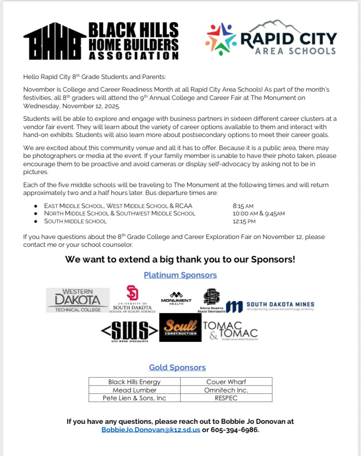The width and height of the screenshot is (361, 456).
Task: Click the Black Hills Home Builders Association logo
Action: [101, 41]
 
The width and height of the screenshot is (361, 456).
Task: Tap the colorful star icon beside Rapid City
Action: [221, 39]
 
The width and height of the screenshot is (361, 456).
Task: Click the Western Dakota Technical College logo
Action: [78, 300]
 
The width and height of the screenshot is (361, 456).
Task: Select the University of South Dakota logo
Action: [132, 299]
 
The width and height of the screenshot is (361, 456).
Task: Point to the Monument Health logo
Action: [176, 299]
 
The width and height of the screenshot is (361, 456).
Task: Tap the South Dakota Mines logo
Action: [270, 306]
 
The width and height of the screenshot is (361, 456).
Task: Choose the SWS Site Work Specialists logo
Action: [129, 331]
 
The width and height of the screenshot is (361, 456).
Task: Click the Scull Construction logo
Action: [180, 327]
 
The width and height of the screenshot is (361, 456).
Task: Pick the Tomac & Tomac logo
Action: [231, 330]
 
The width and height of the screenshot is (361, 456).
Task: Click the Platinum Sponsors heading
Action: [180, 275]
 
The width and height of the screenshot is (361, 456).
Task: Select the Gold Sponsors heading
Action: [177, 368]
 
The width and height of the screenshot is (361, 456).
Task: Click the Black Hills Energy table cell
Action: [134, 382]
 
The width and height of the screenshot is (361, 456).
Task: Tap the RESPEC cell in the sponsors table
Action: [226, 398]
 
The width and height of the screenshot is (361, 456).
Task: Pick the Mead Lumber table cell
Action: [134, 390]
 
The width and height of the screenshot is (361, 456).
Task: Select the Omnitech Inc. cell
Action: [226, 390]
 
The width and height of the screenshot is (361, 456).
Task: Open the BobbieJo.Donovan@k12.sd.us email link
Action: [151, 430]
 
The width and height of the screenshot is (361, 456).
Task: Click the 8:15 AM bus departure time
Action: [243, 206]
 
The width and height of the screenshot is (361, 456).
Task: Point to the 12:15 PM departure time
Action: [244, 221]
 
